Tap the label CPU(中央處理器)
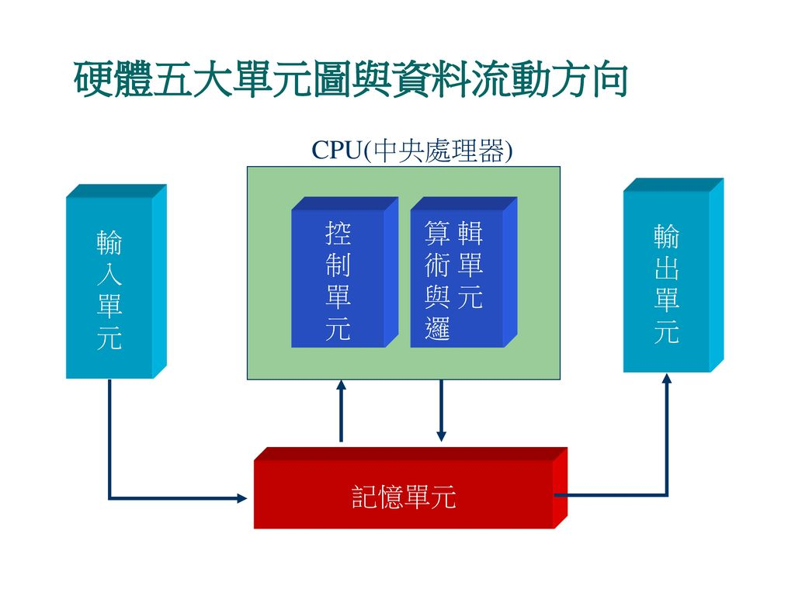tap(412, 151)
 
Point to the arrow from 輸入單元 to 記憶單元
tap(110, 466)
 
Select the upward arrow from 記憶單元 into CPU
tap(341, 411)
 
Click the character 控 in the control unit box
tap(338, 232)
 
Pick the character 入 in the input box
tap(109, 275)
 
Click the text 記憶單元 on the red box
tap(404, 497)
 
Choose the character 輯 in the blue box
tap(470, 232)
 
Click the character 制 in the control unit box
tap(338, 265)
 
